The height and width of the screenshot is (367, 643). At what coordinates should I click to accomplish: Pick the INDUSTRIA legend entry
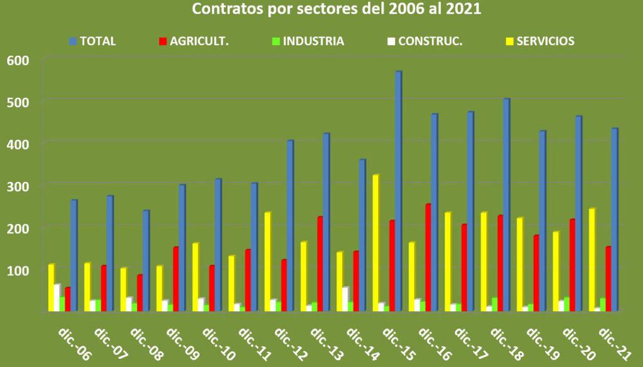313,41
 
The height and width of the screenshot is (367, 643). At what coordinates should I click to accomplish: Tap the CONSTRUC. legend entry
430,41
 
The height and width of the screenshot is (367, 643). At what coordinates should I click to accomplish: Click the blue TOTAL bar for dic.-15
398,191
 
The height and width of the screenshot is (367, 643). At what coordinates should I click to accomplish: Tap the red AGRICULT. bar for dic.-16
428,257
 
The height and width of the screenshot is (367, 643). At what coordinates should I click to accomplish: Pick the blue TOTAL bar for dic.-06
73,255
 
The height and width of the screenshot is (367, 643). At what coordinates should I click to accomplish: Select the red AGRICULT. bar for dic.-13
320,263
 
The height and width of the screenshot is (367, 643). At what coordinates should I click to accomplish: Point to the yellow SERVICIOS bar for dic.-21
592,260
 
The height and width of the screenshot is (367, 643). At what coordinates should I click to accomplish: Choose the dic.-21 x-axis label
616,343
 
